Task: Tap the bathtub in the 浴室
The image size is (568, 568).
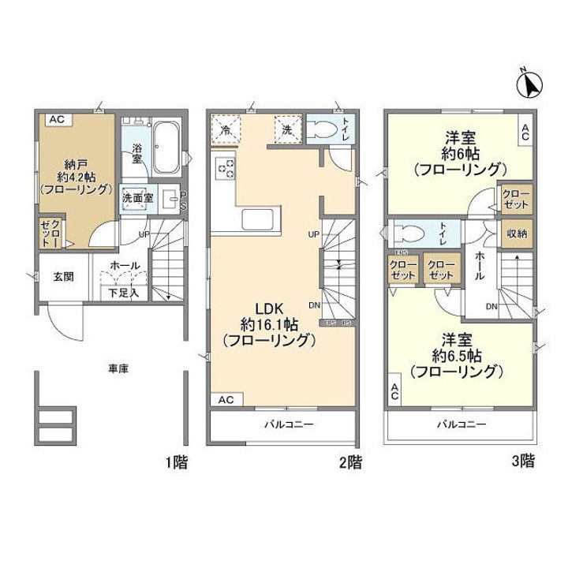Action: click(166, 148)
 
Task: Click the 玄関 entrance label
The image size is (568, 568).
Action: click(64, 277)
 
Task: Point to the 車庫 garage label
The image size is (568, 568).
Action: click(118, 368)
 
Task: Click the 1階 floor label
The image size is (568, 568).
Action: click(177, 462)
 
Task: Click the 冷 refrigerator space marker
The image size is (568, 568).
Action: click(226, 129)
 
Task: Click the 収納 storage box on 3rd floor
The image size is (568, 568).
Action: click(518, 234)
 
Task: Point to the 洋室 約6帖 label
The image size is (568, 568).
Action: click(458, 152)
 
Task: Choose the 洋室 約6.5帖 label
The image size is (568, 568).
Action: click(458, 355)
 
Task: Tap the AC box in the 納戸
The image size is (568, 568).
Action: click(56, 119)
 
